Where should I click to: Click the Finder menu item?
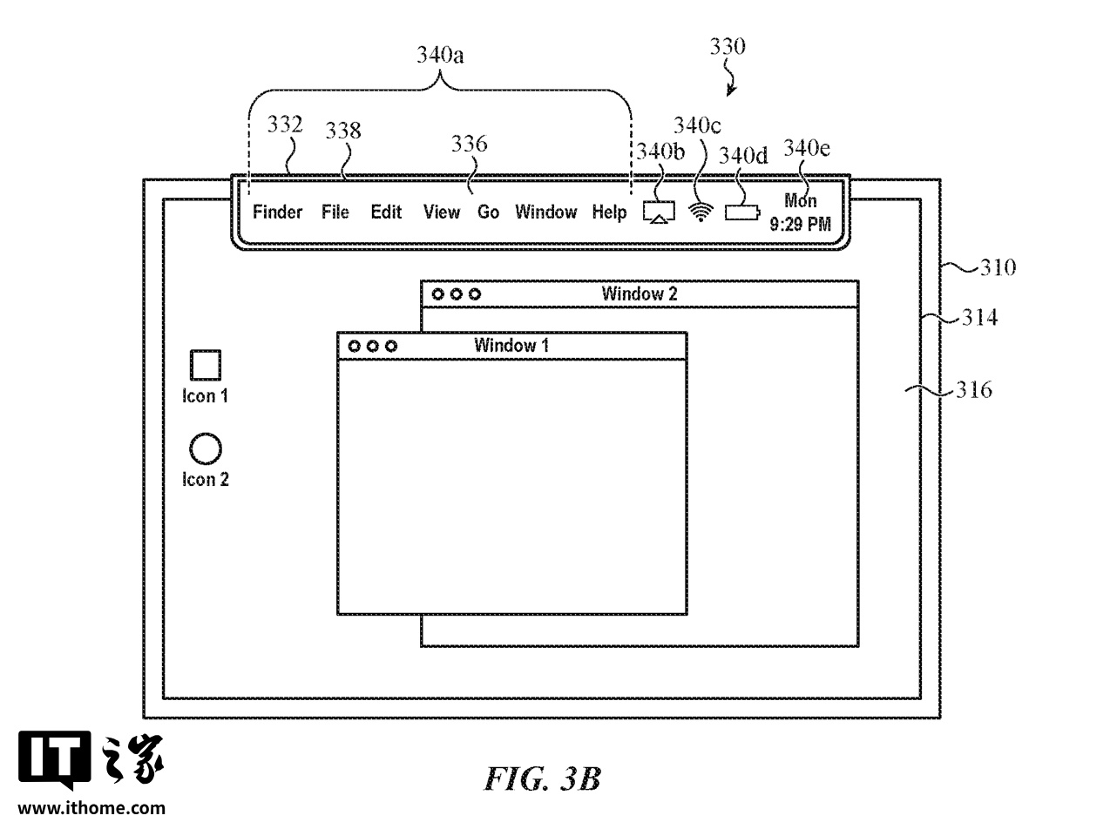[278, 212]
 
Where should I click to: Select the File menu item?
[335, 212]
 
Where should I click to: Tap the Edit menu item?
[386, 212]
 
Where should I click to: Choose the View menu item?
[442, 212]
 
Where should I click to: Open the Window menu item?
[545, 212]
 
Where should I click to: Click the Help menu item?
[609, 212]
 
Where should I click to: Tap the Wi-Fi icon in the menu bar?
[699, 212]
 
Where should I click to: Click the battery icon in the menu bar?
[741, 212]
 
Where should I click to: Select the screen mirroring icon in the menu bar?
[659, 212]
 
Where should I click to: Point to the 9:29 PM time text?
[800, 225]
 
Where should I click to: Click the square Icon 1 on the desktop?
[206, 365]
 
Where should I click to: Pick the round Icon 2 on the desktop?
[206, 449]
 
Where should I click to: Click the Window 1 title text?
[511, 346]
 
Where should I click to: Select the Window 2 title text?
[640, 293]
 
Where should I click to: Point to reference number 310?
[998, 267]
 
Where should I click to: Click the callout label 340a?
[441, 57]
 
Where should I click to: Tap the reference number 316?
[974, 390]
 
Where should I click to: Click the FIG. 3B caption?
[543, 777]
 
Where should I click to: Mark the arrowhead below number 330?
[730, 92]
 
